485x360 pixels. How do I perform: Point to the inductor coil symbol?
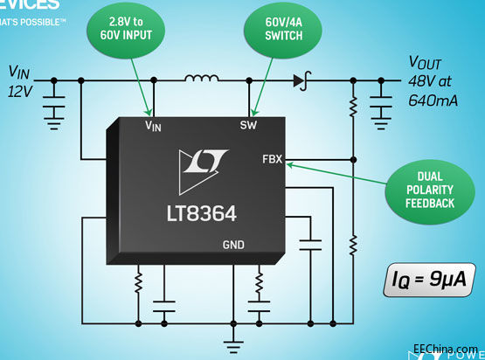click(202, 80)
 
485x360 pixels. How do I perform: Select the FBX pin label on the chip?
click(272, 161)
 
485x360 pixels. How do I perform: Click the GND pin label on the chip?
click(234, 244)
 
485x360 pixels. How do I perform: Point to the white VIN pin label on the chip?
click(154, 127)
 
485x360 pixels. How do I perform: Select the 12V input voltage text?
click(24, 90)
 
